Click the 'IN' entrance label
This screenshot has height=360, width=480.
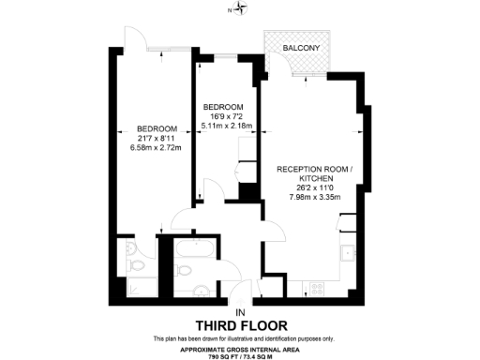pos(240,310)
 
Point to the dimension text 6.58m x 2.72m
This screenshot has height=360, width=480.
pos(156,147)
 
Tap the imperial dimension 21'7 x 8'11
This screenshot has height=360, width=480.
pos(156,138)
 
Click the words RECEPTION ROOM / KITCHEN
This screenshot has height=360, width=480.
pos(313,173)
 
